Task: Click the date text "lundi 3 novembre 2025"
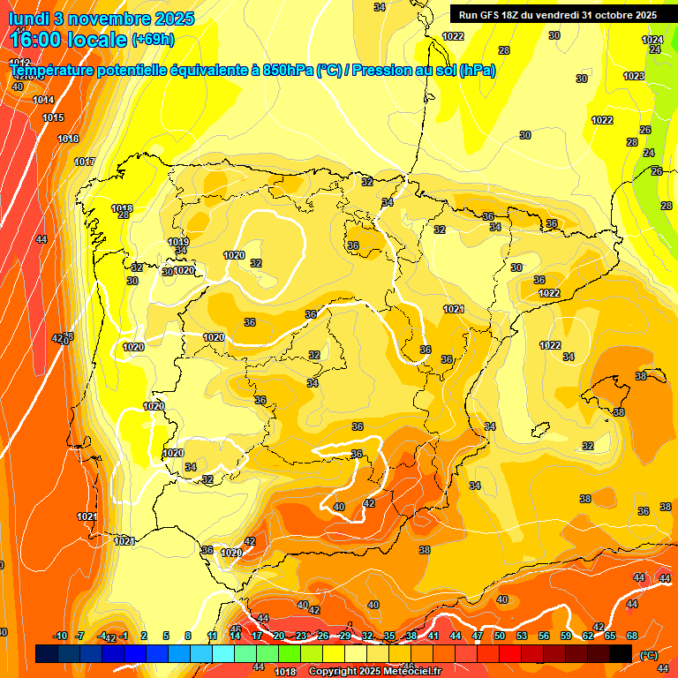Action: (102, 18)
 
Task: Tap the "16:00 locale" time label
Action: (69, 39)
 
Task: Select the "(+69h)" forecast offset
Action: (153, 40)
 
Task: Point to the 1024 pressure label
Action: (652, 40)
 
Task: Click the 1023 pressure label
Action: (633, 76)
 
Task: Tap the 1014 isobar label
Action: (43, 100)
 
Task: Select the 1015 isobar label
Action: (53, 117)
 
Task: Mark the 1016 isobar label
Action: (68, 139)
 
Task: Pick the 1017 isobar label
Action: (85, 162)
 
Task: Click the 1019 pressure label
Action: (178, 242)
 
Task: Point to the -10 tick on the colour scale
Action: (60, 637)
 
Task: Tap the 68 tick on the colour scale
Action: (632, 637)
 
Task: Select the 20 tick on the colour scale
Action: (279, 637)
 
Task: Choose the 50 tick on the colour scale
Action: (500, 637)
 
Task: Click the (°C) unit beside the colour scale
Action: (648, 655)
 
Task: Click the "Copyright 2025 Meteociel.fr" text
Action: (374, 671)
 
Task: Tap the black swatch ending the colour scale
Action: (621, 653)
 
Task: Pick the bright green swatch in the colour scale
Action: (289, 653)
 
